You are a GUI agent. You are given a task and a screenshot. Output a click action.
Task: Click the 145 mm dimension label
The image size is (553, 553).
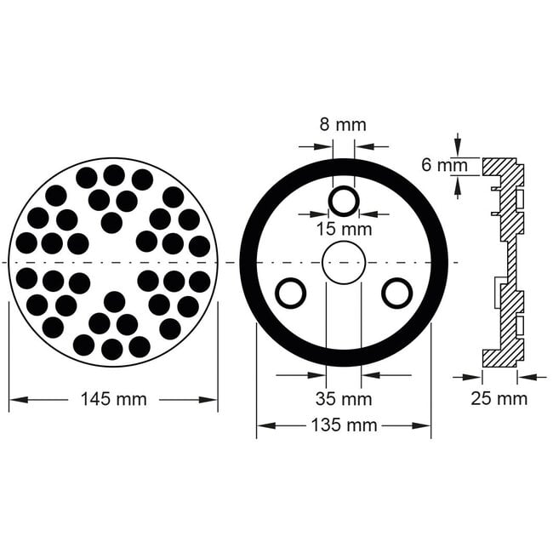[112, 398]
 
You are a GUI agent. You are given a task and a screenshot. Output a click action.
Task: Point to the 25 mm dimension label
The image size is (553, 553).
[499, 398]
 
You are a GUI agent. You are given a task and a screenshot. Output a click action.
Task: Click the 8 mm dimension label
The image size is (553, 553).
[343, 124]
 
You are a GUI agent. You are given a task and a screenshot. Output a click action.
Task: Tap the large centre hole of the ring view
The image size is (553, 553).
[343, 262]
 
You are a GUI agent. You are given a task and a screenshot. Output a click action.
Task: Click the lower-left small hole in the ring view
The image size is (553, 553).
[291, 293]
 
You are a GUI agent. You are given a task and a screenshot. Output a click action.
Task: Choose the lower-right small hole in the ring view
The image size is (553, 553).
[396, 293]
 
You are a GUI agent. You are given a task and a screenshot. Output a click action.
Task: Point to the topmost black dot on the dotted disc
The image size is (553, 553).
[114, 175]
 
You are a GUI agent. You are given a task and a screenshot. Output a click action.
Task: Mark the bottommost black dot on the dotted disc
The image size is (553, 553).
[112, 349]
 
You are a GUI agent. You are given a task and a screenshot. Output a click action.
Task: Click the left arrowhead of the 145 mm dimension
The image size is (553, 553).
[14, 398]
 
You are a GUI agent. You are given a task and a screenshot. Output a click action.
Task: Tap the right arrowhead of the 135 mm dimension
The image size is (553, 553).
[425, 425]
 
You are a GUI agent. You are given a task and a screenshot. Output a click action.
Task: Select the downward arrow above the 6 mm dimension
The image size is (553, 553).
[458, 146]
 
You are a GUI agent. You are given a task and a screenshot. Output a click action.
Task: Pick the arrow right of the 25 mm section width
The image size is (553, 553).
[531, 375]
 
